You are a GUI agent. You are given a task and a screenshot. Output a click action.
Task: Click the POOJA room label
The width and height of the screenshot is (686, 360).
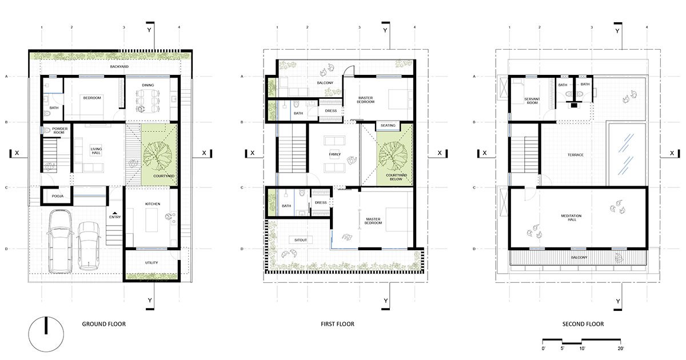point(57,195)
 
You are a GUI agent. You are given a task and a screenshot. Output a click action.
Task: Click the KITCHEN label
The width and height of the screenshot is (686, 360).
point(152,204)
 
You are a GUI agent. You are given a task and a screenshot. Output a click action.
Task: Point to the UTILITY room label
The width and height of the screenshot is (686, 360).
point(151,263)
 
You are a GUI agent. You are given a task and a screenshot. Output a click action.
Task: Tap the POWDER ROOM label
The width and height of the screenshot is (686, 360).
point(60,131)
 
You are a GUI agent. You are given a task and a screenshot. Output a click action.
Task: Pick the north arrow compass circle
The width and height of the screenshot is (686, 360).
point(46,334)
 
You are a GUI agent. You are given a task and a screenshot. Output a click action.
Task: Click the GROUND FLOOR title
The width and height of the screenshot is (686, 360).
point(104,324)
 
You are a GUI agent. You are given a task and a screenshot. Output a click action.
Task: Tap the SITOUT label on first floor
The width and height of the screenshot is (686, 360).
point(301,240)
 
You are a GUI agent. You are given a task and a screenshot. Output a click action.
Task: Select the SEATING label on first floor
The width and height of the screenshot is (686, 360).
point(388,126)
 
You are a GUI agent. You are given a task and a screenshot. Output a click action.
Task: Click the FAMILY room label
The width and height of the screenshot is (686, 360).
point(335,154)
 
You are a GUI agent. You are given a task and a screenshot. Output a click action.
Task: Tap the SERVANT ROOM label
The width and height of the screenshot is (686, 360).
point(532,101)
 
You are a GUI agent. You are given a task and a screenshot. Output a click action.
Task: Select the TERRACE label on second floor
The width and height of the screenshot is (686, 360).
point(575,155)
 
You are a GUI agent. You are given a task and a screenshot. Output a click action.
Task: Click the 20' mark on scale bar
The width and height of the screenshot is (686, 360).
point(620,347)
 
